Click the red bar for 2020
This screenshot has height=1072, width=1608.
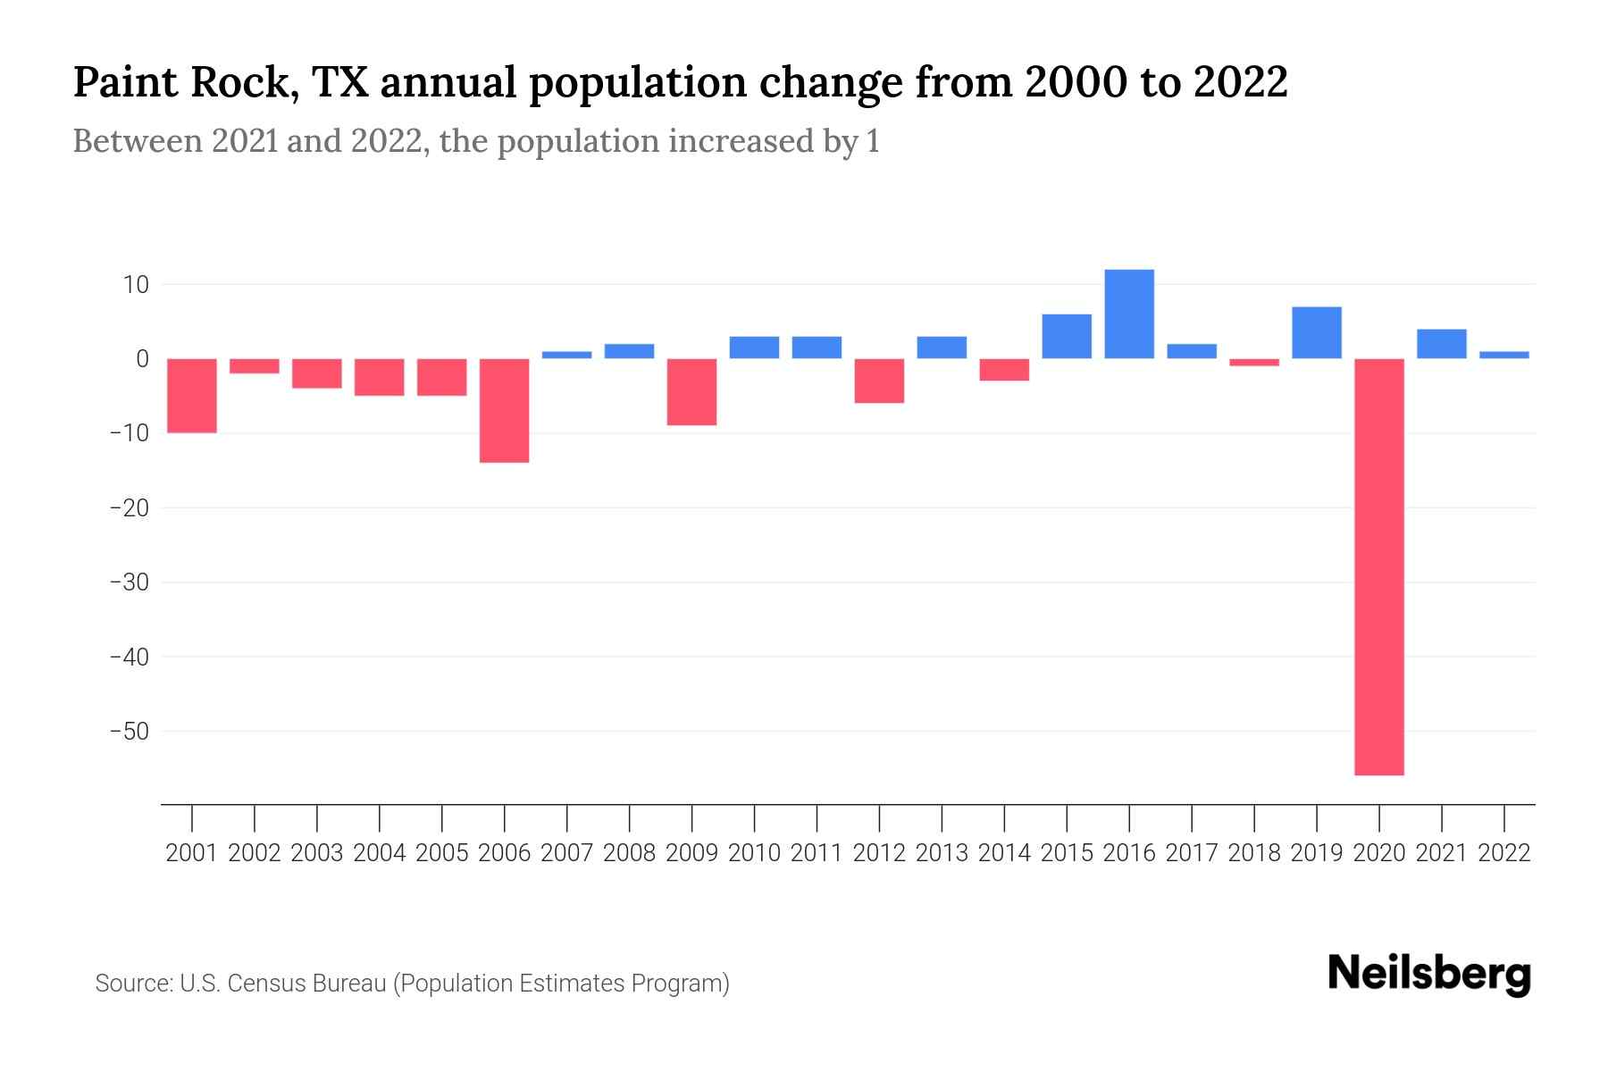point(1379,566)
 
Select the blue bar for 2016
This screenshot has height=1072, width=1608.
point(1129,314)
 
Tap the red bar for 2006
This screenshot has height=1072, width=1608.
point(505,410)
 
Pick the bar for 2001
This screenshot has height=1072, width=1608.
point(192,395)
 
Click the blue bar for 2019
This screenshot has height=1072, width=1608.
point(1317,332)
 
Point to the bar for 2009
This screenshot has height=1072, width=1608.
point(692,391)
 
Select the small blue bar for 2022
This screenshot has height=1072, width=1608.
point(1504,355)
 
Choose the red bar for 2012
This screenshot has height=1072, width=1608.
point(879,381)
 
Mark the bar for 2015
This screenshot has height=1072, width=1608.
point(1067,336)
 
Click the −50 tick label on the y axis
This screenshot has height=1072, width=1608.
point(129,732)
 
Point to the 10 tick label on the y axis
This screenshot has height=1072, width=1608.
point(137,285)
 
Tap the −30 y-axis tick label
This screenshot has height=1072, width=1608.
point(129,582)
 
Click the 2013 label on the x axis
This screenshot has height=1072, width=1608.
point(942,853)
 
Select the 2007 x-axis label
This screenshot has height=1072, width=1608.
point(567,853)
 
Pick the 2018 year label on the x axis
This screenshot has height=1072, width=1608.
point(1254,853)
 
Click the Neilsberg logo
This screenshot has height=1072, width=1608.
point(1429,974)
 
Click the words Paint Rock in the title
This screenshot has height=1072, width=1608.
point(182,83)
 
